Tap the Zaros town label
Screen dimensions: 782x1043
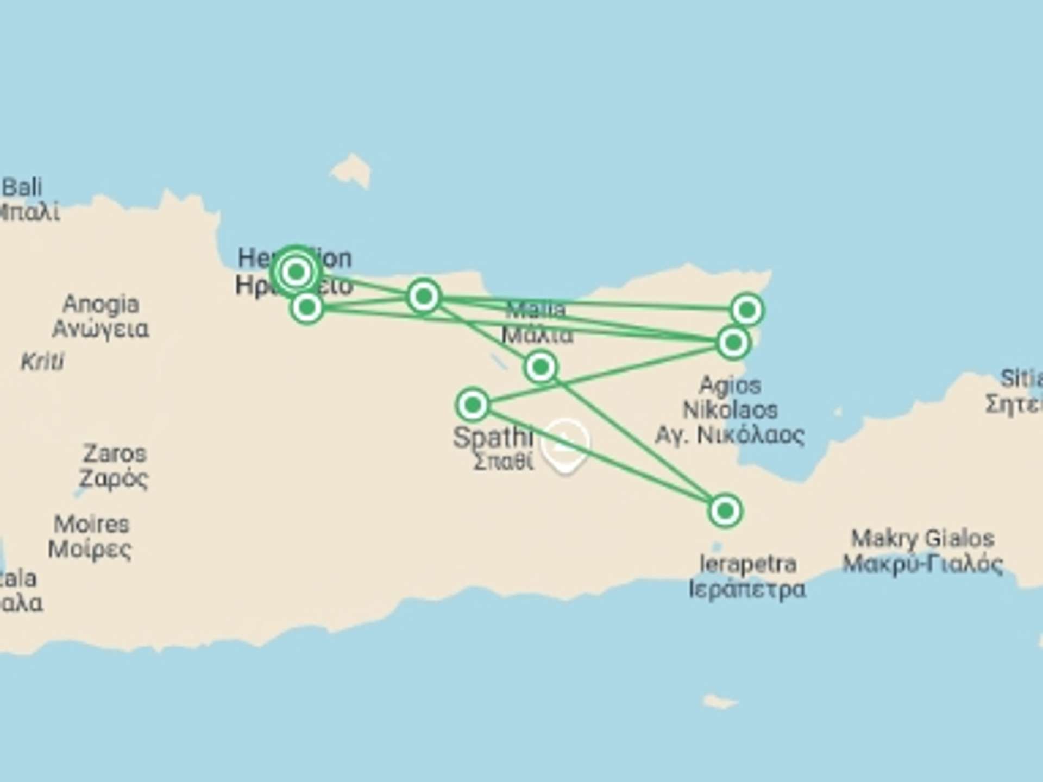tap(114, 465)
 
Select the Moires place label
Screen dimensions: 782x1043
tap(91, 536)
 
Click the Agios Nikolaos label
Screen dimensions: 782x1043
tap(730, 410)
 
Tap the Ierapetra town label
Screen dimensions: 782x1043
tap(747, 576)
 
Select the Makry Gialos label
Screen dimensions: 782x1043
tap(922, 551)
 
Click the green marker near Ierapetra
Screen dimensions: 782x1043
tap(725, 510)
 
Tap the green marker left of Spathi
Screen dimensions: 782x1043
tap(473, 405)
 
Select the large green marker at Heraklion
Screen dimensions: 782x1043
tap(296, 272)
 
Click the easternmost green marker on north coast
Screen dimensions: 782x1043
tap(747, 310)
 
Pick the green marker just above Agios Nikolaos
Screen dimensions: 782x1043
tap(733, 343)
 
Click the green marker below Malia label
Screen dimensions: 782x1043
tap(541, 367)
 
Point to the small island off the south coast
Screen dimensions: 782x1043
tap(720, 701)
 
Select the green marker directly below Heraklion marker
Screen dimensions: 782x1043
tap(307, 307)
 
